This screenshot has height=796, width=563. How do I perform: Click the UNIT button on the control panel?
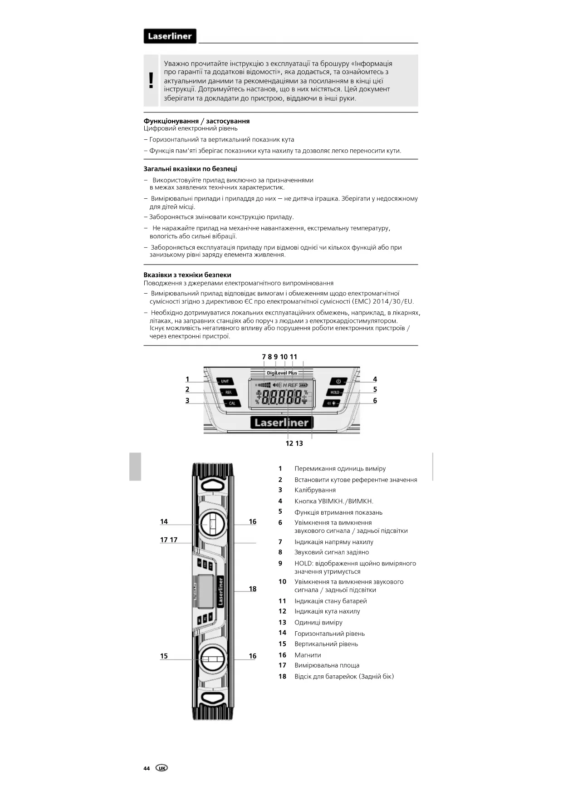(225, 381)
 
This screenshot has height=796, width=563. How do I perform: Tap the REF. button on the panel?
(228, 392)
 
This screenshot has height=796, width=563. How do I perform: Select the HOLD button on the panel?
(335, 392)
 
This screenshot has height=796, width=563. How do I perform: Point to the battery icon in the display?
(304, 385)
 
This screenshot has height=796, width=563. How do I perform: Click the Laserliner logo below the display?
(281, 423)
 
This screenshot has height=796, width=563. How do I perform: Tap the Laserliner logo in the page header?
(170, 36)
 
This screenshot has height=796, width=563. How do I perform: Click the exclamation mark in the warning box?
(151, 80)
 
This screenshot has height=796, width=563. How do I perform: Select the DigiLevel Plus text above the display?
(282, 373)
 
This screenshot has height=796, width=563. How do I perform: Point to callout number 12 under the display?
(289, 443)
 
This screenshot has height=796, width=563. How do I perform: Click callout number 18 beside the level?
(253, 589)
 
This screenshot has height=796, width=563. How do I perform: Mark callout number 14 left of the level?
(164, 521)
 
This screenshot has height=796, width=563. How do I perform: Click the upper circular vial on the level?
(211, 525)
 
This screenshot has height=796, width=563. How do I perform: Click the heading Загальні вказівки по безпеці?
(190, 169)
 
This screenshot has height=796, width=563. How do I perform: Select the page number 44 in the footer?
(147, 768)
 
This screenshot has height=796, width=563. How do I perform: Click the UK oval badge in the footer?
(162, 768)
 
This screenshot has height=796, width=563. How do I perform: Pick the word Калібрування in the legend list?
(315, 490)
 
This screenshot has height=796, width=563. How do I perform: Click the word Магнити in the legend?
(308, 655)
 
